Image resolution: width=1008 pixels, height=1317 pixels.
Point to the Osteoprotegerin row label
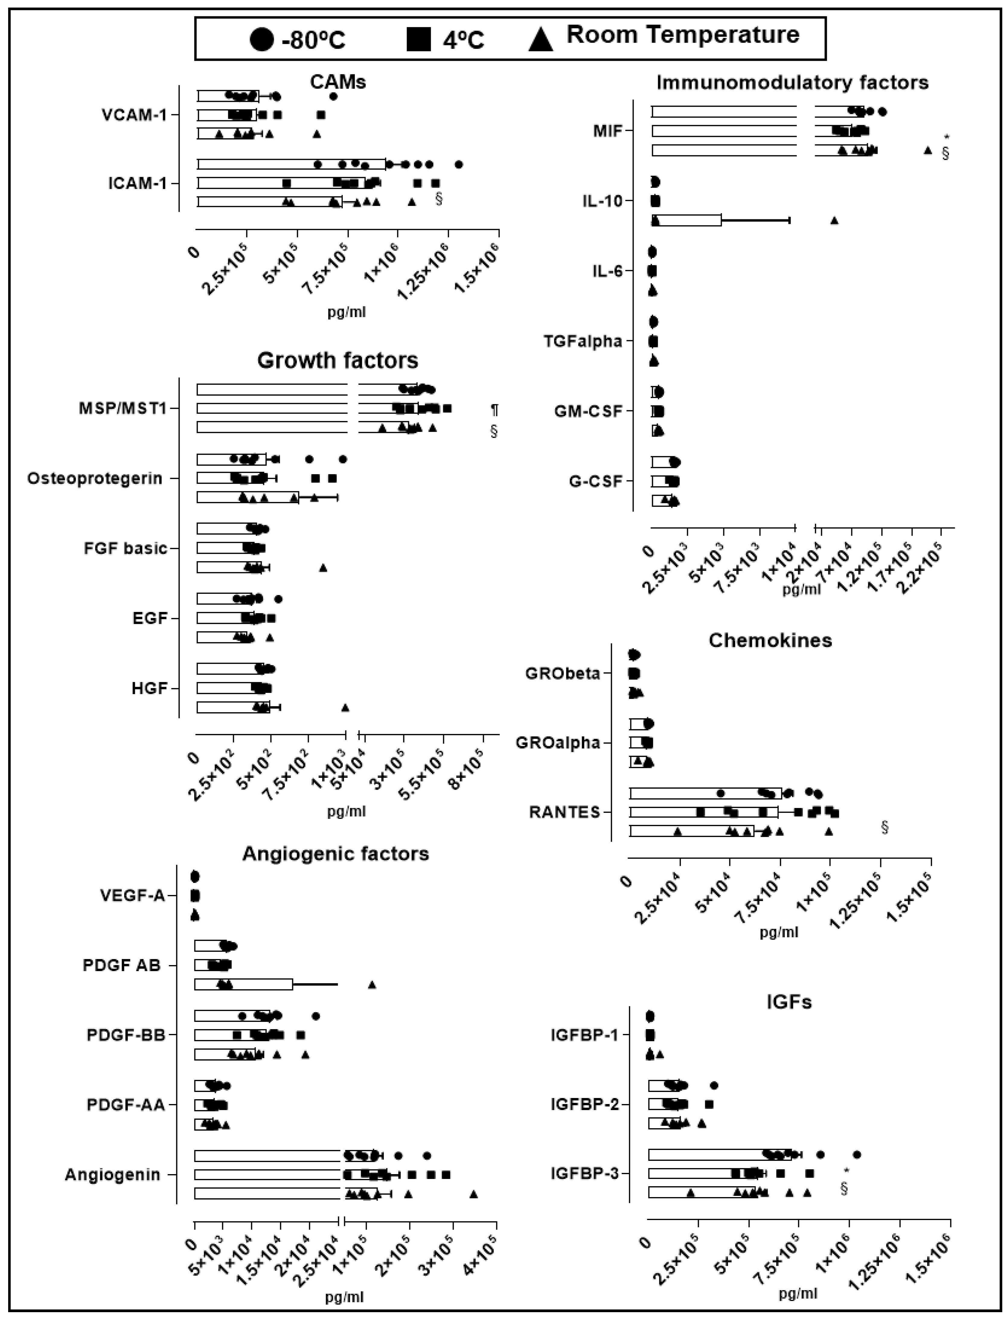[95, 478]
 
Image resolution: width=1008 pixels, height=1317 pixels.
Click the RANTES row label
[565, 812]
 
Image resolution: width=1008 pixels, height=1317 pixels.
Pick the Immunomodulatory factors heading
[792, 82]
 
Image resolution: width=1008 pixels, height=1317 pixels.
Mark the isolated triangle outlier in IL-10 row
[834, 220]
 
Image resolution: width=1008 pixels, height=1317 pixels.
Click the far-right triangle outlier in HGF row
[345, 708]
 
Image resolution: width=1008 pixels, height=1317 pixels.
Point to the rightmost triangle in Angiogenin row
[473, 1195]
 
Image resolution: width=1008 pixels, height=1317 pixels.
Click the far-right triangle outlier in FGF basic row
[323, 567]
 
